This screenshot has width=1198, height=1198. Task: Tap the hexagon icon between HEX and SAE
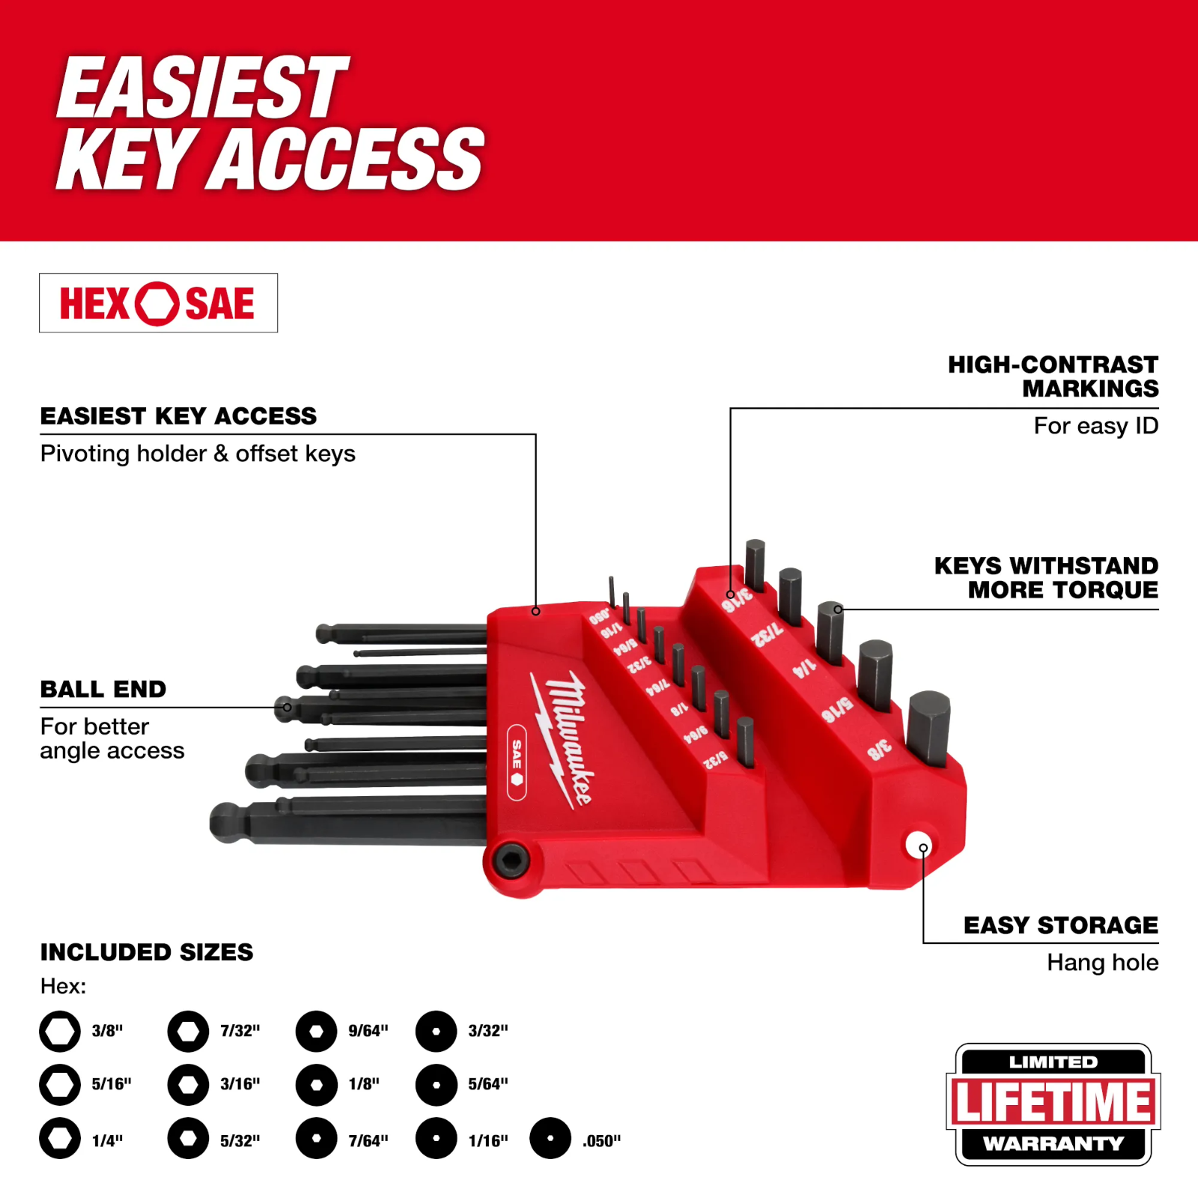[157, 303]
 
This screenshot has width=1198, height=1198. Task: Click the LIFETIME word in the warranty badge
[1053, 1102]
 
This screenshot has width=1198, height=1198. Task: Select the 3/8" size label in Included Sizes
[107, 1031]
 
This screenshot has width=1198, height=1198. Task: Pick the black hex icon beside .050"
[550, 1138]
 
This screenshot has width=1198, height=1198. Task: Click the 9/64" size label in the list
[368, 1031]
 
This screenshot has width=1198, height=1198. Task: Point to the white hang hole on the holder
[918, 845]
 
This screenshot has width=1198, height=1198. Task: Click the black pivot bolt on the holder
[513, 860]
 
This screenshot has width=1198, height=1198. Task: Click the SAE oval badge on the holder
[517, 762]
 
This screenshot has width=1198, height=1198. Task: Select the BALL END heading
[103, 689]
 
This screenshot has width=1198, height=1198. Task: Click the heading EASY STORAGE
[1060, 925]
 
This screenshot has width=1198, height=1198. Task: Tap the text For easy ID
[1095, 426]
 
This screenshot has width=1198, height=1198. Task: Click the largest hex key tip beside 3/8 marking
[928, 726]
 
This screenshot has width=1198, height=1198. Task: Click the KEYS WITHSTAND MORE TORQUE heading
[1047, 577]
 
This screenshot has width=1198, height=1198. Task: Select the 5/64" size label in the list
[487, 1083]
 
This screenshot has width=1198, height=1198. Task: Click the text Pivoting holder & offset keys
[198, 454]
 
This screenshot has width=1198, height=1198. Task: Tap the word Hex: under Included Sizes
[63, 986]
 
